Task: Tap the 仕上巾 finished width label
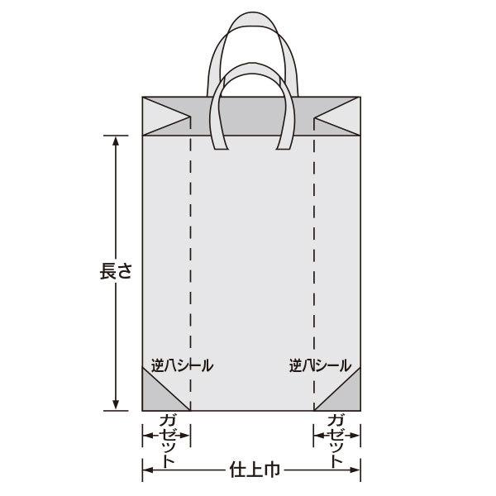[252, 470]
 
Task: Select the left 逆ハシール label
[181, 364]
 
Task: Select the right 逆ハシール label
[320, 364]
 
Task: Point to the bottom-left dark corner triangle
[157, 396]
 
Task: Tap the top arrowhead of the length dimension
[116, 141]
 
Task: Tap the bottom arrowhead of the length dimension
[116, 404]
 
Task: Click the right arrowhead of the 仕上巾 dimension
[356, 470]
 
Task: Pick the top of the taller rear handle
[252, 17]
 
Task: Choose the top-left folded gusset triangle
[165, 116]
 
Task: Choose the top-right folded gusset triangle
[340, 116]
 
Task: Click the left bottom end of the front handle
[221, 146]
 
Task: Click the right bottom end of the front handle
[284, 146]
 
